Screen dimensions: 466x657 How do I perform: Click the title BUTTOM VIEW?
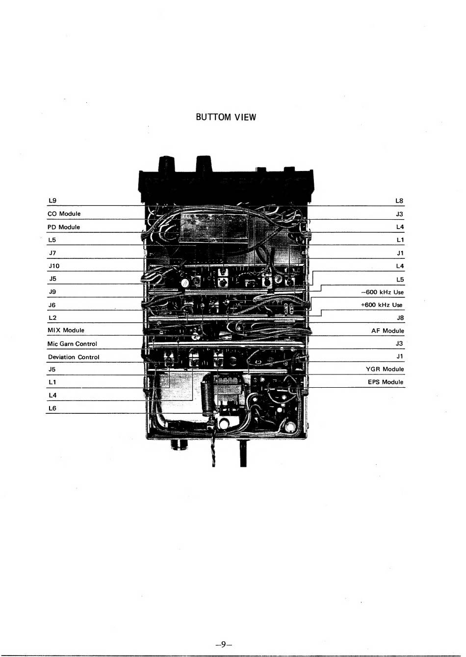[226, 117]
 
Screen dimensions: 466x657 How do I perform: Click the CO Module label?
[64, 214]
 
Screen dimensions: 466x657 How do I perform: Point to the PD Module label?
[64, 227]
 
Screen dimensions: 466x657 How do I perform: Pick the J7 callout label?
[52, 253]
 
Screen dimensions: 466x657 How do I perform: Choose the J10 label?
[53, 266]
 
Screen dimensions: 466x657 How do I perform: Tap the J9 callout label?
[52, 292]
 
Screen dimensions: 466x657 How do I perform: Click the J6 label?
[52, 305]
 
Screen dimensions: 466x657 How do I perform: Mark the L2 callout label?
[52, 317]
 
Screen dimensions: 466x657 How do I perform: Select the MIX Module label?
[66, 330]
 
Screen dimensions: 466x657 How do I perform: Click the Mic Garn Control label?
[72, 343]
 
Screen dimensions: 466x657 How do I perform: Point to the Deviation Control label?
[74, 357]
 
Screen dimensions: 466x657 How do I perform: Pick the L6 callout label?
[52, 408]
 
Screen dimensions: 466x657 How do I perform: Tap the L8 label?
[399, 200]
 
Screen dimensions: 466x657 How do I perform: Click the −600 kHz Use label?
[382, 292]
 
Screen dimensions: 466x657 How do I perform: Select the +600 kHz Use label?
[382, 305]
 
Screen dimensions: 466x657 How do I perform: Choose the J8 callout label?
[400, 317]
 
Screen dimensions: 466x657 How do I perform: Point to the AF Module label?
[388, 331]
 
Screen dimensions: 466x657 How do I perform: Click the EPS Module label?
[386, 382]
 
